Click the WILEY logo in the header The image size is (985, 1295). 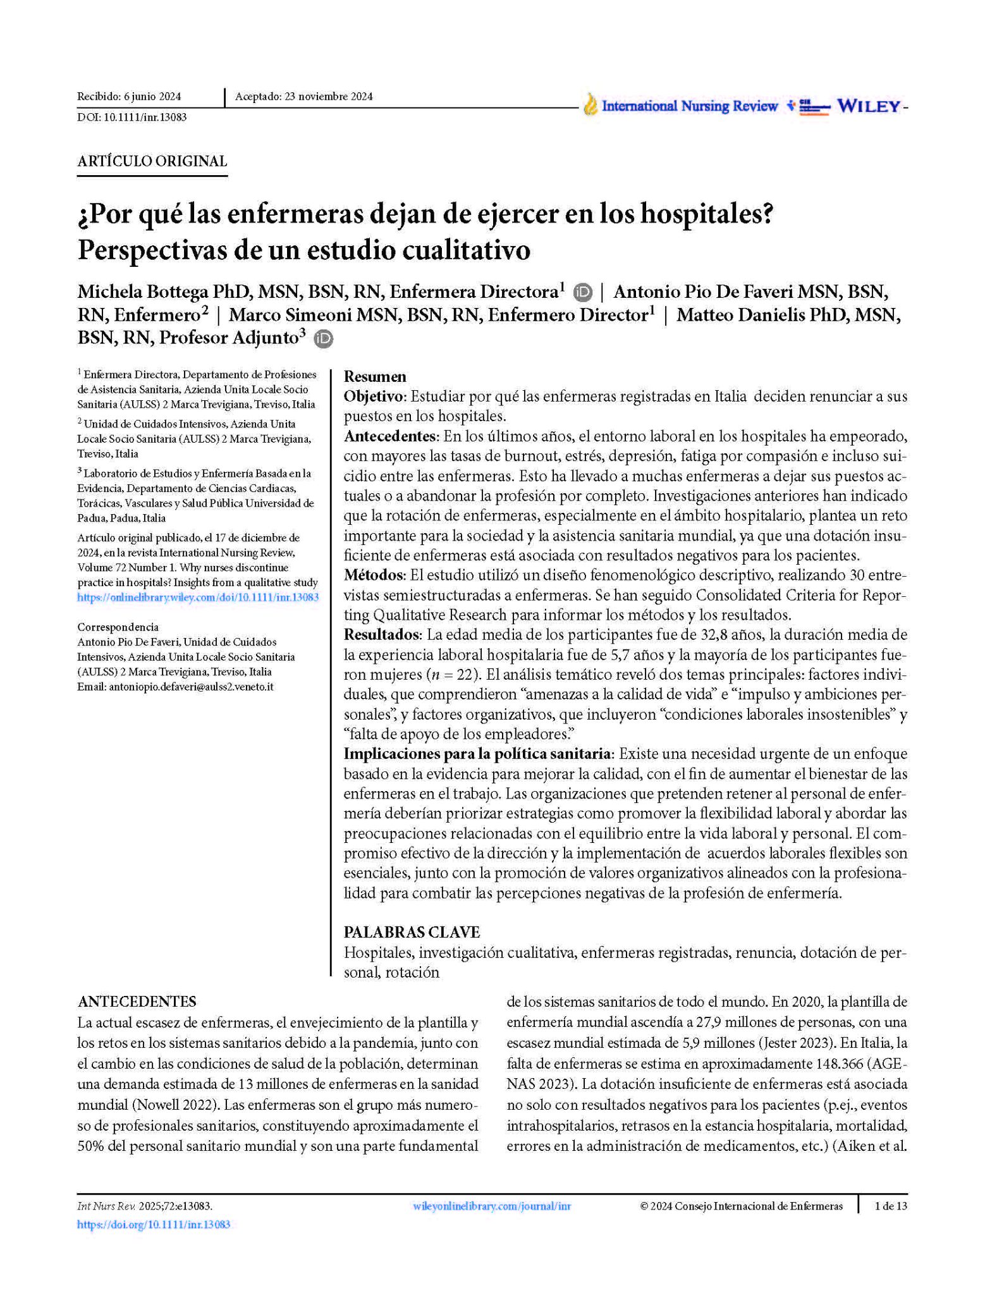(869, 106)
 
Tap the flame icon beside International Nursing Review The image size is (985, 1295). (590, 105)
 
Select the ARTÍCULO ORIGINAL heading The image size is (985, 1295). (152, 161)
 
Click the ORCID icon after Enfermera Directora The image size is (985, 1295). (582, 293)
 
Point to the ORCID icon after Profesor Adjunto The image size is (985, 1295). (323, 339)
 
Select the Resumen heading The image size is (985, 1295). (375, 377)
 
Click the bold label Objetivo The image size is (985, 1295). (375, 396)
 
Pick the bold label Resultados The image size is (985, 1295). (382, 634)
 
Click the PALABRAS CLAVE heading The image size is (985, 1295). (412, 932)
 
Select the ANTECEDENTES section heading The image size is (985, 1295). (137, 1002)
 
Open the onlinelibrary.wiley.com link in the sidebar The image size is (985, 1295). (198, 597)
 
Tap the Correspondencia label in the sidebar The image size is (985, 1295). (118, 627)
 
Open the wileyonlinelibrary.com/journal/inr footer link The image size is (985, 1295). (491, 1206)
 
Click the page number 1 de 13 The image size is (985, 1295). (890, 1206)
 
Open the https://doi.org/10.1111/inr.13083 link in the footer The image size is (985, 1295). (153, 1225)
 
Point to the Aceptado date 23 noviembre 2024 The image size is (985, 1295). (303, 97)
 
